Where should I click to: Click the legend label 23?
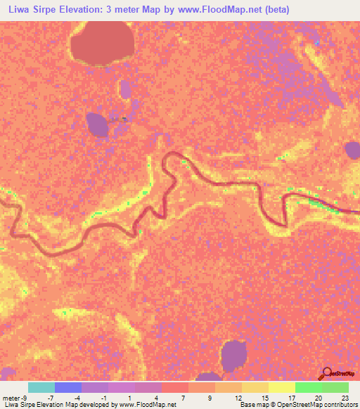[345, 397]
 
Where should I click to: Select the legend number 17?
[291, 397]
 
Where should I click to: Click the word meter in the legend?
[12, 397]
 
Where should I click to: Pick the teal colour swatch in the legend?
[41, 387]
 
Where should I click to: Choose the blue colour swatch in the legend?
[68, 387]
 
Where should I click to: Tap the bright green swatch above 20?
[309, 387]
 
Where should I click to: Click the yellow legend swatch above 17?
[282, 387]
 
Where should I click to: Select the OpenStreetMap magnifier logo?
[328, 373]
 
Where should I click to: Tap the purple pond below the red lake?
[97, 124]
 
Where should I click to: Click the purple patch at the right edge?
[352, 150]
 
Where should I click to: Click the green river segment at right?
[330, 208]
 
